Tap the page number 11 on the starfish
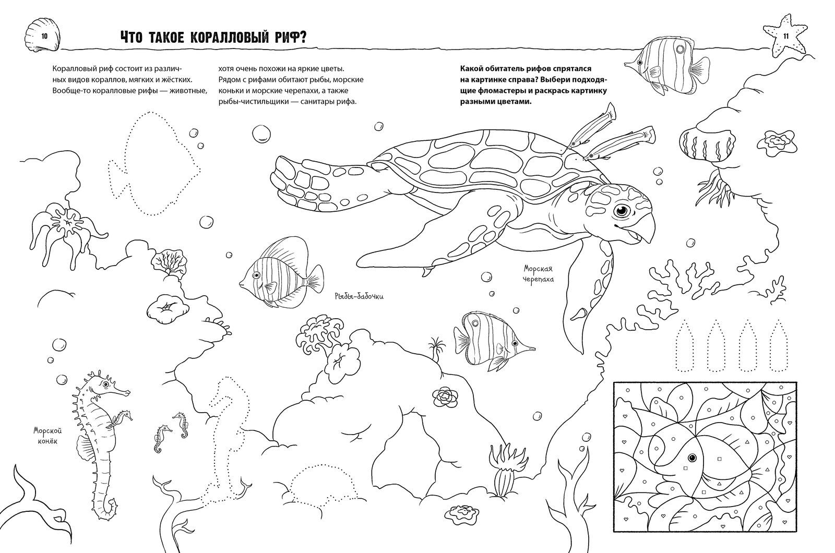(786, 37)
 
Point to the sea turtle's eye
(622, 211)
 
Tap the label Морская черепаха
(538, 274)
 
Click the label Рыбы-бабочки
(359, 297)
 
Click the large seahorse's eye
(106, 384)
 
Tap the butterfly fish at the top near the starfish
(667, 67)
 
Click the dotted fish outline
(154, 163)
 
